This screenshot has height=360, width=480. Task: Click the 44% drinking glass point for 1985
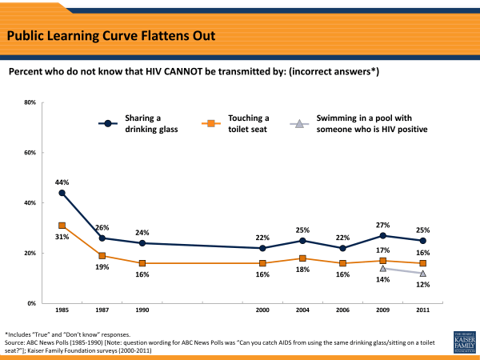click(62, 193)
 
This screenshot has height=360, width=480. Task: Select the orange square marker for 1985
click(62, 226)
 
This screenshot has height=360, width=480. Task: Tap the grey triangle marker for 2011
click(422, 274)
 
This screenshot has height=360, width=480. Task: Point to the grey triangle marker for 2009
click(383, 268)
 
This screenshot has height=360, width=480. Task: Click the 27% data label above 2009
click(383, 223)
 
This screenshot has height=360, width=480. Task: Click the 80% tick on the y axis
click(29, 102)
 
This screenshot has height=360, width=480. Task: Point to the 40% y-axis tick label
click(29, 203)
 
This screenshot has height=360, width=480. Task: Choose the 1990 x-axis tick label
click(142, 311)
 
